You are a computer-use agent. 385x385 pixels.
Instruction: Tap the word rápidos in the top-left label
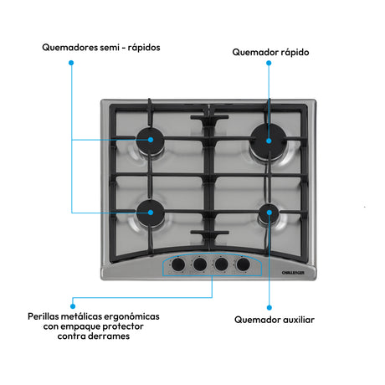pyautogui.click(x=144, y=48)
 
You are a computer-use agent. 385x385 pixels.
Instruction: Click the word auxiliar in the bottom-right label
pyautogui.click(x=299, y=320)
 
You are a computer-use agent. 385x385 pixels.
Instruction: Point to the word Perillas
pyautogui.click(x=44, y=316)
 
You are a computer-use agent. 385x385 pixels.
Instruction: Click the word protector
pyautogui.click(x=123, y=326)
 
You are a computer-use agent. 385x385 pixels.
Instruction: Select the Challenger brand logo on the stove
pyautogui.click(x=293, y=273)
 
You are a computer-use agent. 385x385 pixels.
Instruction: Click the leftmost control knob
pyautogui.click(x=178, y=264)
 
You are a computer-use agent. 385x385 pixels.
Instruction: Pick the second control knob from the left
pyautogui.click(x=200, y=264)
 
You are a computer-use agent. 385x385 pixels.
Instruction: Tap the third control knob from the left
pyautogui.click(x=221, y=264)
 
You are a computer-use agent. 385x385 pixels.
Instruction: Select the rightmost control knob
pyautogui.click(x=243, y=264)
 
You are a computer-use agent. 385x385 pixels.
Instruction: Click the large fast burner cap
pyautogui.click(x=269, y=141)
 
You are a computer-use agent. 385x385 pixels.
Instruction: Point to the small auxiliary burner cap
pyautogui.click(x=269, y=213)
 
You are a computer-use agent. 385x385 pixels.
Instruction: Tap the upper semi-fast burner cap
pyautogui.click(x=150, y=141)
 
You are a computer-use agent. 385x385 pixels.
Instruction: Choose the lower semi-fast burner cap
pyautogui.click(x=151, y=213)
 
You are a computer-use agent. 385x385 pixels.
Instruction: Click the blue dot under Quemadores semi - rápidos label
pyautogui.click(x=71, y=63)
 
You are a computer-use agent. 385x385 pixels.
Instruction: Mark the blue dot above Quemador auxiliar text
pyautogui.click(x=269, y=307)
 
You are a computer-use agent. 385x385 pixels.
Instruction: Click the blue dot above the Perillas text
pyautogui.click(x=73, y=306)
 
